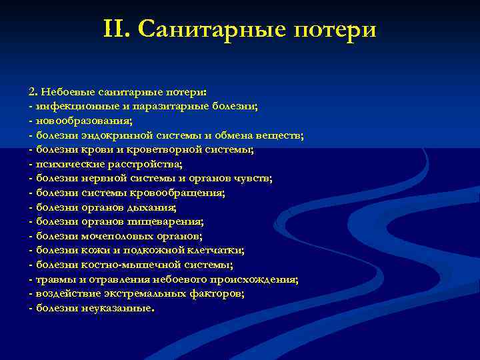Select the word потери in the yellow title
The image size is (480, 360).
pos(337,29)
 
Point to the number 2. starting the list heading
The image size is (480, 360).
pos(33,92)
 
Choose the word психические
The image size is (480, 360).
pos(66,164)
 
